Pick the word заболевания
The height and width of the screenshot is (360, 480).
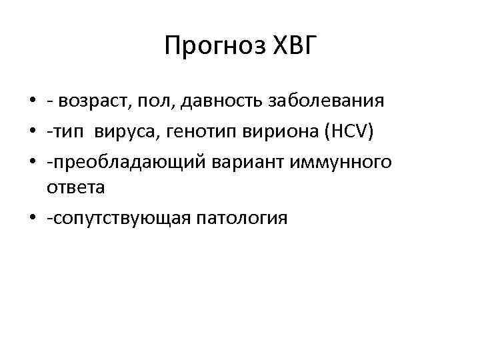pyautogui.click(x=326, y=101)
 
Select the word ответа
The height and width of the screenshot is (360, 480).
pyautogui.click(x=75, y=189)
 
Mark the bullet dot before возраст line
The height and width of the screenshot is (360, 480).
pyautogui.click(x=31, y=102)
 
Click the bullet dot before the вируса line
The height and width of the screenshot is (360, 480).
pyautogui.click(x=31, y=131)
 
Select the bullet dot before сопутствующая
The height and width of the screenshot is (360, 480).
pyautogui.click(x=31, y=219)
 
